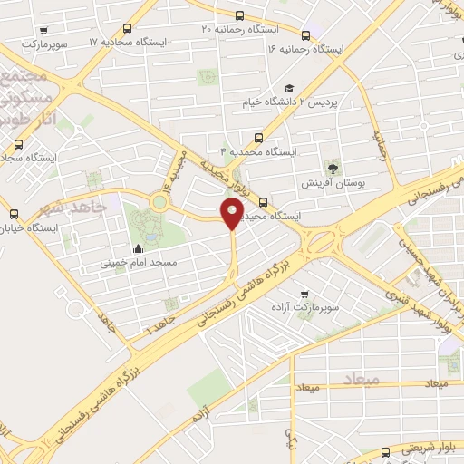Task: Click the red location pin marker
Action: click(x=233, y=215)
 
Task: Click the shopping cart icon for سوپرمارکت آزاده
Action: click(x=304, y=294)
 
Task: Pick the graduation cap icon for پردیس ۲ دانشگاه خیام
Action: click(x=288, y=88)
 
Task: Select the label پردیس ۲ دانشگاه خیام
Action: click(x=311, y=102)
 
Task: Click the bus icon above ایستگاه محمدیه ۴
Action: click(x=259, y=139)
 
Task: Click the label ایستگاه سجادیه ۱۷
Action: click(x=127, y=42)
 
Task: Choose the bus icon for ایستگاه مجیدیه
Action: click(x=263, y=202)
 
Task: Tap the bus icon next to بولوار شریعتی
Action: click(x=384, y=450)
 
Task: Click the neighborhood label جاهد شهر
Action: click(x=75, y=208)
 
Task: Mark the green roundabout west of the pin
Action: click(x=159, y=201)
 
